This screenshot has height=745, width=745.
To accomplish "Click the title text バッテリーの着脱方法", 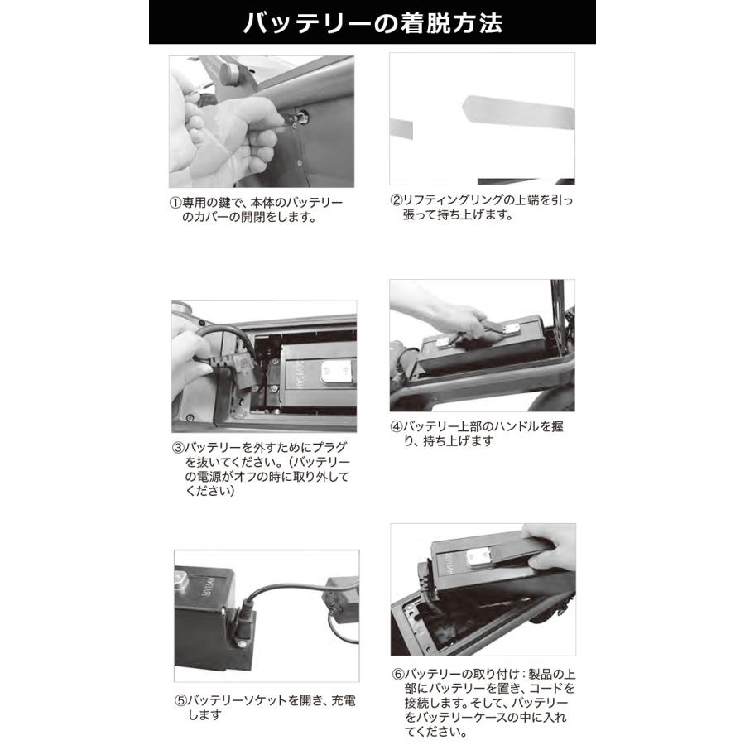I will point(372,22).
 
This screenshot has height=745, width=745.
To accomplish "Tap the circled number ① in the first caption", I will point(175,204).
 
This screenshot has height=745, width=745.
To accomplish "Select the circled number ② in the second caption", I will point(396,201).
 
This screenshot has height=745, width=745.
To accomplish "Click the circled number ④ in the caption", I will point(396,427).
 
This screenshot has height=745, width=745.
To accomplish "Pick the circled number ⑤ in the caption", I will point(180,700).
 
